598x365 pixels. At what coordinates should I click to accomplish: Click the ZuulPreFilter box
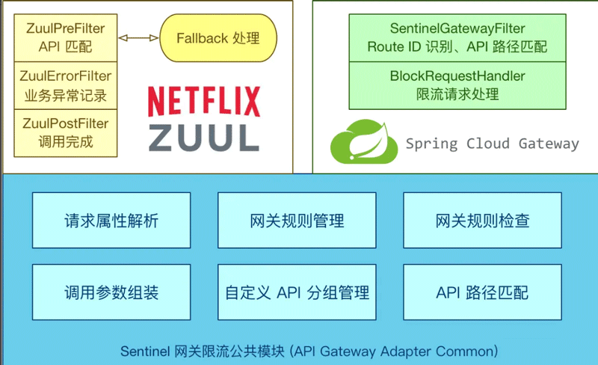click(64, 37)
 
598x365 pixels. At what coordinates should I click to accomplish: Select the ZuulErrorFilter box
click(64, 85)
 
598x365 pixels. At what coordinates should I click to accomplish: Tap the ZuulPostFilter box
click(64, 132)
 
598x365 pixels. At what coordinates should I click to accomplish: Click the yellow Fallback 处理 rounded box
click(218, 37)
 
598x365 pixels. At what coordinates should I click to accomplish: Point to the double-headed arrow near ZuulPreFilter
click(138, 37)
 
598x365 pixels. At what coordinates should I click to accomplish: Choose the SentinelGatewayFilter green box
click(457, 37)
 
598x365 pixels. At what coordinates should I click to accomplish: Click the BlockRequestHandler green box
click(457, 85)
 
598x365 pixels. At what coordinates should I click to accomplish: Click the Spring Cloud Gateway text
click(492, 144)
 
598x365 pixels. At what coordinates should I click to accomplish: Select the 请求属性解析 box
click(111, 221)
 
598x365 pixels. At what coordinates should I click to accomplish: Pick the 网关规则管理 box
click(297, 221)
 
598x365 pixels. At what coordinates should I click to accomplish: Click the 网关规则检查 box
click(482, 221)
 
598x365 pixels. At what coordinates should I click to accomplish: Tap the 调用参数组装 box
click(111, 292)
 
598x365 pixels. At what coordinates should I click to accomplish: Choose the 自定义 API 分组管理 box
click(297, 292)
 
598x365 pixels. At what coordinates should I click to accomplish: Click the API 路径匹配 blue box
click(482, 292)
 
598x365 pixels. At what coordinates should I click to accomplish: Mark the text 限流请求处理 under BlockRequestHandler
click(457, 94)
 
